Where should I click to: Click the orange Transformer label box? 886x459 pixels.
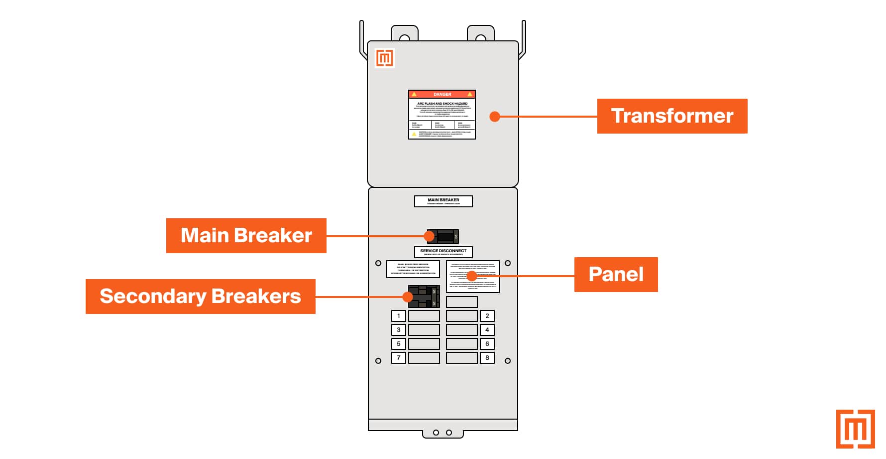point(672,116)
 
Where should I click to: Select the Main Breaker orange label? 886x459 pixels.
point(246,236)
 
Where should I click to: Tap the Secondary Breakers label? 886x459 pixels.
point(200,297)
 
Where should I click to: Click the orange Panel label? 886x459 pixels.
point(616,275)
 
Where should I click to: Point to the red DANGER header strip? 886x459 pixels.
point(442,94)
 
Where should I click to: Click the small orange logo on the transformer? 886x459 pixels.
point(385,58)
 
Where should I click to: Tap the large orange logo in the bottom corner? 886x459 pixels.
point(855,429)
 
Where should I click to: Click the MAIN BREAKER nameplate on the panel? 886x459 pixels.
point(443,201)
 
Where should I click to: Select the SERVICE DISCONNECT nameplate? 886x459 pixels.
point(443,252)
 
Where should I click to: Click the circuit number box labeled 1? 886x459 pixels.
point(398,316)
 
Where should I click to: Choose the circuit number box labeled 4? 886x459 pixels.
point(487,330)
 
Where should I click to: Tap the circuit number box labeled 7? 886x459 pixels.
point(398,358)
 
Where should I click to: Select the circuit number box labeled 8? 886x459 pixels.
point(487,358)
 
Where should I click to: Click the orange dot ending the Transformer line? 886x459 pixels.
point(494,117)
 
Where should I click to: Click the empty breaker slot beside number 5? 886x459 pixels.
point(424,344)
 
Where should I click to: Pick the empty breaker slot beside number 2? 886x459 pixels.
point(462,316)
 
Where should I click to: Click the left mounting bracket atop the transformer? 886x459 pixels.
point(404,34)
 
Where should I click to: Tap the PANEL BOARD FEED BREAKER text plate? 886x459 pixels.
point(413,269)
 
